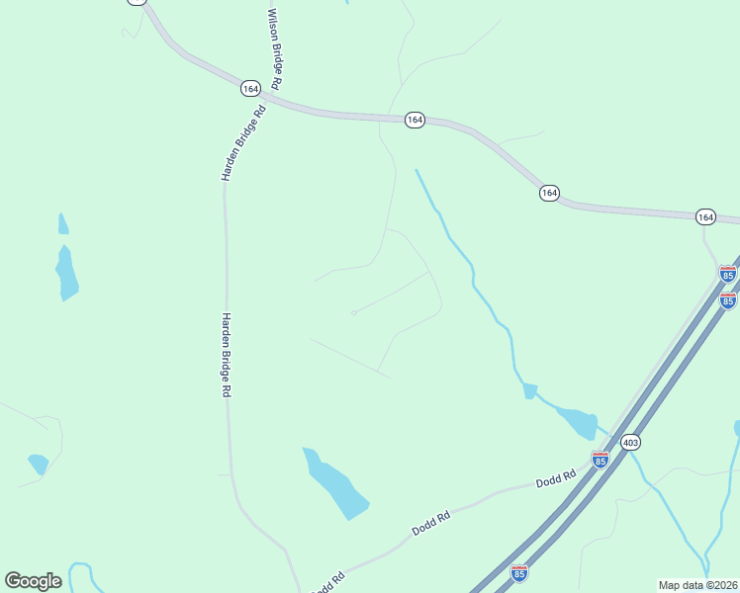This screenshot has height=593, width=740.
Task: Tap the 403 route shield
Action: coord(630,443)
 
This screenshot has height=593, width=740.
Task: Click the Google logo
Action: coord(33,581)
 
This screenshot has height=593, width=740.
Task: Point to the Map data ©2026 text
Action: coord(697,585)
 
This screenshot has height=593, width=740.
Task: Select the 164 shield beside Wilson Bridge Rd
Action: coord(250,88)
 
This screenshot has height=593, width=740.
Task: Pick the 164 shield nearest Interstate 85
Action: coord(704,216)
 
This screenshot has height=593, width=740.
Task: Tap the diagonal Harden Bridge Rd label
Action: coord(244,143)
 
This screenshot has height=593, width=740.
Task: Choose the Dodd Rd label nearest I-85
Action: coord(556,480)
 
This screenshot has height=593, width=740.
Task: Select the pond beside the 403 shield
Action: coord(578,421)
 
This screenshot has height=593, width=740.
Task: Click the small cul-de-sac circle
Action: coord(353,313)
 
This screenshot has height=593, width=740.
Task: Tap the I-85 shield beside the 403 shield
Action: coord(600,460)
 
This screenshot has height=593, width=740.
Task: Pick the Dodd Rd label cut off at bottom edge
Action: coord(327,583)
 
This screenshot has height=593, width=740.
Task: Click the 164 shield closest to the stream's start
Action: coord(415,120)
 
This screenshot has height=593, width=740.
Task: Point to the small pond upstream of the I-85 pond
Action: coord(529,391)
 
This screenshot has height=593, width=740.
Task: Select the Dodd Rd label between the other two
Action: coord(430,523)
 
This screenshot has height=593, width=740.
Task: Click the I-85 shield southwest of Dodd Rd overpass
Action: coord(519,572)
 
